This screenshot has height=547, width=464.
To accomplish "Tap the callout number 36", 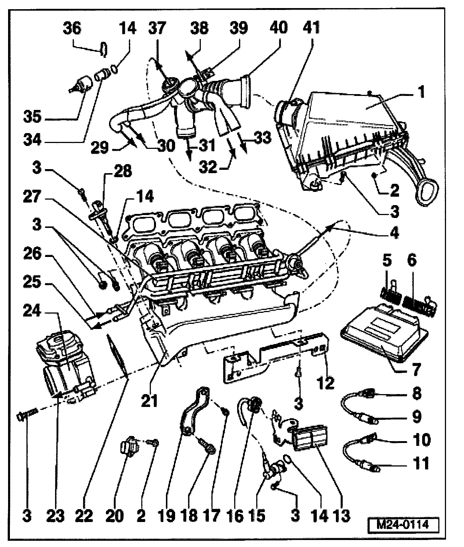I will [x=72, y=29].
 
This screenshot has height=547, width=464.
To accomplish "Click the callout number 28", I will [x=122, y=172].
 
